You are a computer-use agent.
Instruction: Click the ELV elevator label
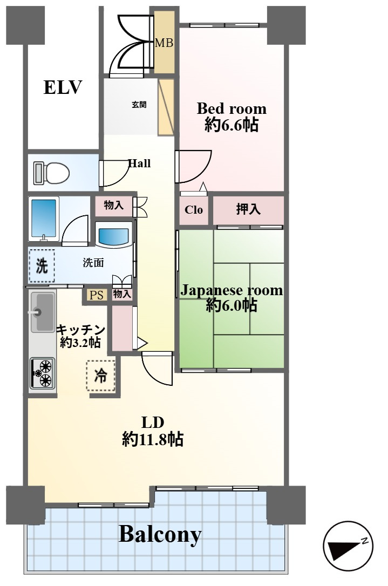click(x=63, y=87)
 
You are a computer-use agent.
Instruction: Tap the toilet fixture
click(x=52, y=173)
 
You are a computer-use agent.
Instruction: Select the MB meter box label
click(x=164, y=43)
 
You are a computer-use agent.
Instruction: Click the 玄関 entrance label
click(x=139, y=105)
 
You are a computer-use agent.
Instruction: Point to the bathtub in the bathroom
click(x=44, y=219)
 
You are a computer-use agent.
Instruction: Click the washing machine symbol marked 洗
click(x=42, y=265)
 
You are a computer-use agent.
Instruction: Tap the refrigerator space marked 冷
click(x=100, y=376)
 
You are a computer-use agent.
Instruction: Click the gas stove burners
click(x=42, y=373)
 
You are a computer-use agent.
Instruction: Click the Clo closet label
click(x=194, y=210)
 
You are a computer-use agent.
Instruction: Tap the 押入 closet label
click(x=248, y=209)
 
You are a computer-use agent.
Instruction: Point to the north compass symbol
click(x=348, y=546)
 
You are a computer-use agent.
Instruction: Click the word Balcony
click(x=160, y=534)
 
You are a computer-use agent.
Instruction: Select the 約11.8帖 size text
click(x=153, y=439)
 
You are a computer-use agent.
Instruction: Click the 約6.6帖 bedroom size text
click(x=232, y=125)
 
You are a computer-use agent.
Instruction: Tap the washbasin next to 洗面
click(x=114, y=235)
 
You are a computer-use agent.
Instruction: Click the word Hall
click(x=139, y=163)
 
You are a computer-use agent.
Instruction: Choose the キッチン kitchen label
click(x=80, y=330)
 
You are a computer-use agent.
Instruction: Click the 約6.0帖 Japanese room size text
click(x=232, y=305)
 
